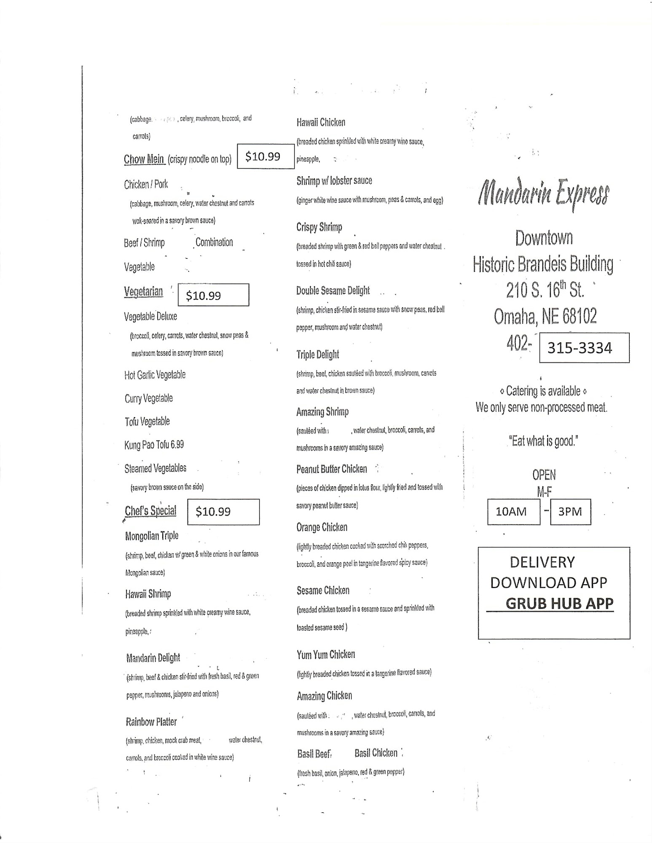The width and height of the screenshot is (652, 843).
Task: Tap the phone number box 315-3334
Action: click(x=584, y=348)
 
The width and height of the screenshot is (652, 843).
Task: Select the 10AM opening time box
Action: click(x=513, y=512)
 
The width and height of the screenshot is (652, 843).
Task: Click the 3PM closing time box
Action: click(x=570, y=512)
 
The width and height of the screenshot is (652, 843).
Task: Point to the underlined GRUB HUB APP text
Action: click(x=559, y=604)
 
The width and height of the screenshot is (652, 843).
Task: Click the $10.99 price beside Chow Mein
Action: click(x=265, y=156)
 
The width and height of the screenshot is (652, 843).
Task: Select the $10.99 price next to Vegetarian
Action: click(x=213, y=295)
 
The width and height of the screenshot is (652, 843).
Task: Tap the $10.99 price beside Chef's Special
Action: click(x=223, y=512)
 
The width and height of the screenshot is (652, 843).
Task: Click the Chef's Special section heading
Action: click(x=150, y=511)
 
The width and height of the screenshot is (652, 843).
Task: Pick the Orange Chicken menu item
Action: click(x=322, y=527)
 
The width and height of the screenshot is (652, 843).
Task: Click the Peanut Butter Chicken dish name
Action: click(x=331, y=469)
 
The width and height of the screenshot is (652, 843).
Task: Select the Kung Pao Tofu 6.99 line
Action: click(x=154, y=445)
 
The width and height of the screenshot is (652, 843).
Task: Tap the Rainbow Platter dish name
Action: click(x=151, y=722)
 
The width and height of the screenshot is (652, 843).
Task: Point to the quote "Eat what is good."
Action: click(x=543, y=441)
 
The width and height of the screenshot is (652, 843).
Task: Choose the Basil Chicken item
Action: click(x=376, y=753)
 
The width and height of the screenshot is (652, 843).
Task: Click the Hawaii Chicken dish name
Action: click(x=321, y=123)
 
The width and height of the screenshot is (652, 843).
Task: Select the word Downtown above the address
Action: click(x=544, y=238)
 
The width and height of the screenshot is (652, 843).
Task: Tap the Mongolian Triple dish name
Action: click(x=152, y=536)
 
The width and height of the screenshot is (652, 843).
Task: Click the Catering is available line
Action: click(x=543, y=391)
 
